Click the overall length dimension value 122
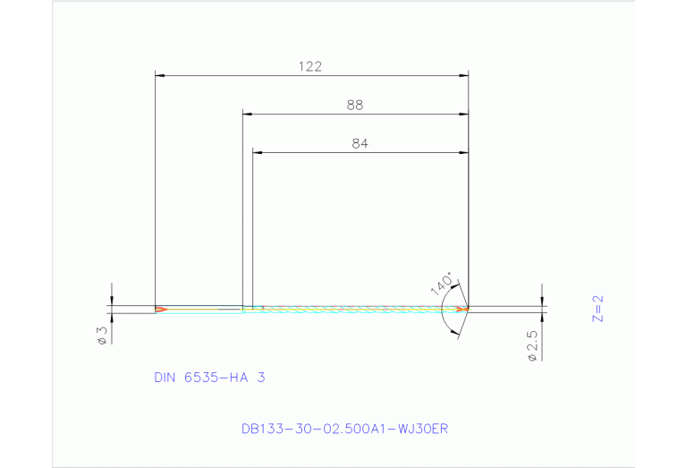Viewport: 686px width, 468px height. click(x=310, y=66)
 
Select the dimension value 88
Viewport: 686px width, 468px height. click(x=355, y=105)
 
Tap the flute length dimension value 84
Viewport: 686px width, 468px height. click(x=360, y=143)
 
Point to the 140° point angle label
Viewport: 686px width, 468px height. click(x=441, y=283)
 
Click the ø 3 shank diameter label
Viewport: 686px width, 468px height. click(x=102, y=336)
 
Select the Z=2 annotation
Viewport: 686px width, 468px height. click(x=598, y=309)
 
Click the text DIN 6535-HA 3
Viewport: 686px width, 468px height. click(x=209, y=378)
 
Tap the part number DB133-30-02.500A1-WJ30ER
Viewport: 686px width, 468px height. click(x=344, y=429)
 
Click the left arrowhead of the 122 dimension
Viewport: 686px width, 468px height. click(x=161, y=75)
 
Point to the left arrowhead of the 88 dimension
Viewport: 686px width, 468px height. click(x=248, y=114)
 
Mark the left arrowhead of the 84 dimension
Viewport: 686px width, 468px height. click(x=258, y=152)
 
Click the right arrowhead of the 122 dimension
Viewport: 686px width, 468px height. click(x=463, y=75)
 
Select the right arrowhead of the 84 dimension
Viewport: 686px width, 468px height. click(x=463, y=152)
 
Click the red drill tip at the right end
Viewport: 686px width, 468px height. click(x=462, y=310)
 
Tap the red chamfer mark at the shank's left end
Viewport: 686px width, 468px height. click(x=160, y=310)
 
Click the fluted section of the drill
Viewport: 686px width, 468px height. click(x=358, y=310)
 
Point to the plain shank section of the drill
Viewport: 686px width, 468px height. click(x=201, y=310)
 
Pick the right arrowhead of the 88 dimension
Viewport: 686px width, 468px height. click(x=463, y=114)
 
